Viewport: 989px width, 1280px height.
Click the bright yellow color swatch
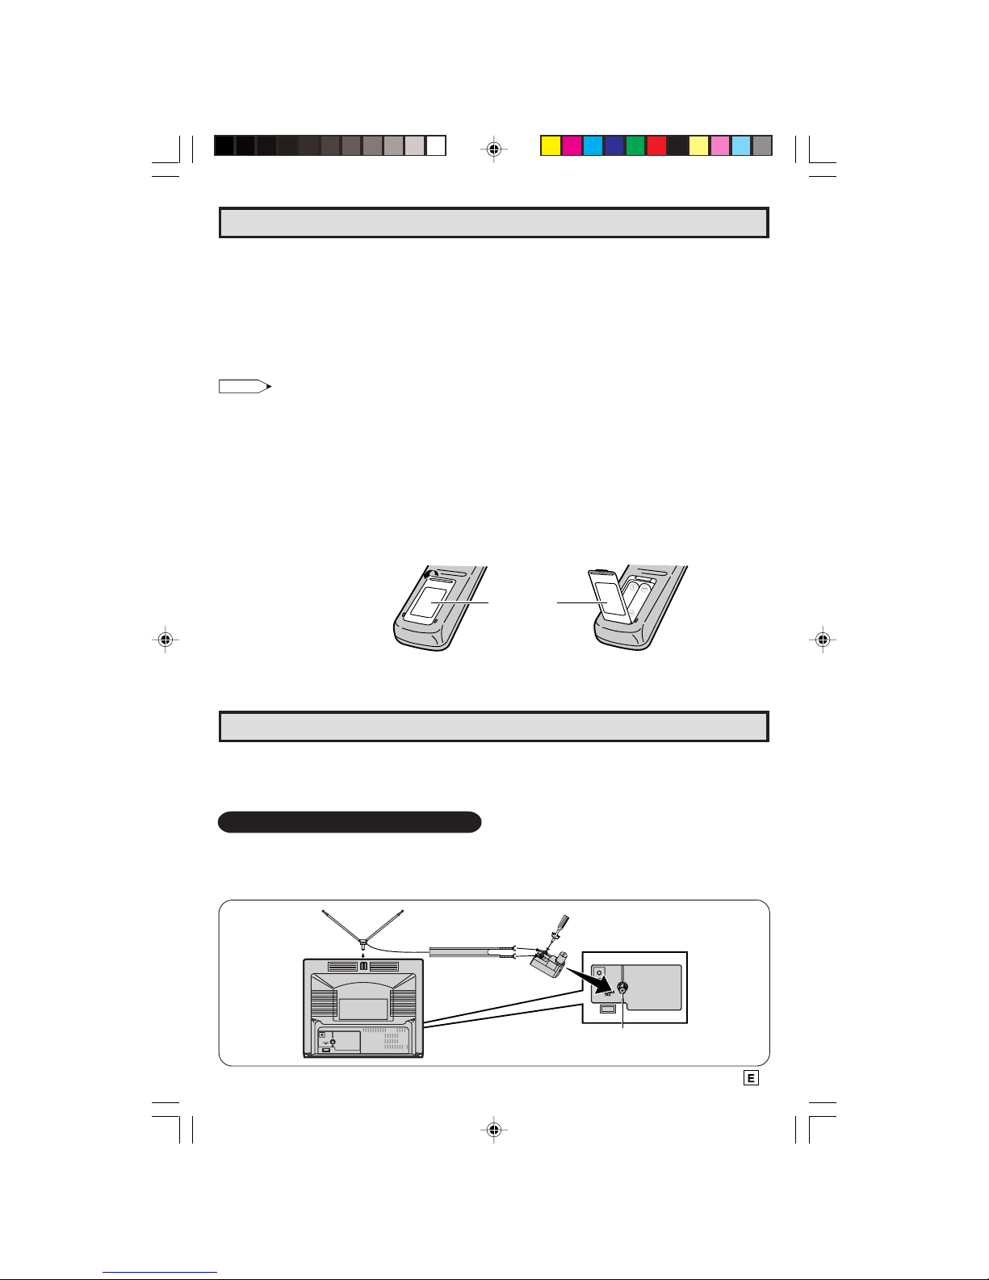(x=551, y=145)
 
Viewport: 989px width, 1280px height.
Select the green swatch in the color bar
(x=635, y=145)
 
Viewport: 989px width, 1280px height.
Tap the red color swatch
(x=656, y=145)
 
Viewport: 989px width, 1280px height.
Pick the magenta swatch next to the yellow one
(x=572, y=145)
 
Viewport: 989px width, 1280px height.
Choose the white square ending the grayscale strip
(x=436, y=145)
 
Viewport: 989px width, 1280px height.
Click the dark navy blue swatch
(x=614, y=145)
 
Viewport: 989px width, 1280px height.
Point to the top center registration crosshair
(x=494, y=149)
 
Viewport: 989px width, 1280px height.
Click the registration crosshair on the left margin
(x=166, y=639)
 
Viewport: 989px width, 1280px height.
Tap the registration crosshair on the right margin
(x=823, y=639)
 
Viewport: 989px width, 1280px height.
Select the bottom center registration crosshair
(x=494, y=1130)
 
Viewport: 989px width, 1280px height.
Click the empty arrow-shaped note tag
(x=245, y=386)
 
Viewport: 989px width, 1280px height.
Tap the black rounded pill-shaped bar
(x=350, y=822)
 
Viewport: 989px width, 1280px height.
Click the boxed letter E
(x=751, y=1078)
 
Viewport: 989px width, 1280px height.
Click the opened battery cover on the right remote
(x=606, y=596)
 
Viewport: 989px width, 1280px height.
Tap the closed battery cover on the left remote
(x=427, y=602)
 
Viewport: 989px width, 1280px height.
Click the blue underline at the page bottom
(x=160, y=1272)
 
